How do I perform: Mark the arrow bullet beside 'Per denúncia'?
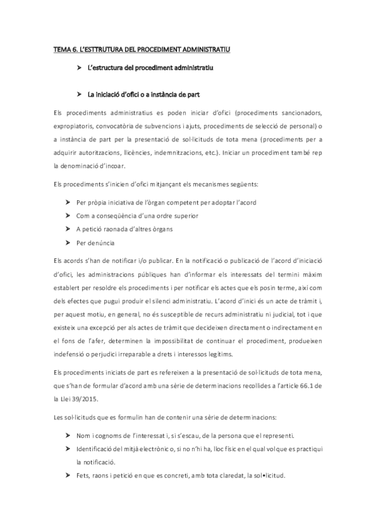[x=67, y=242]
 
